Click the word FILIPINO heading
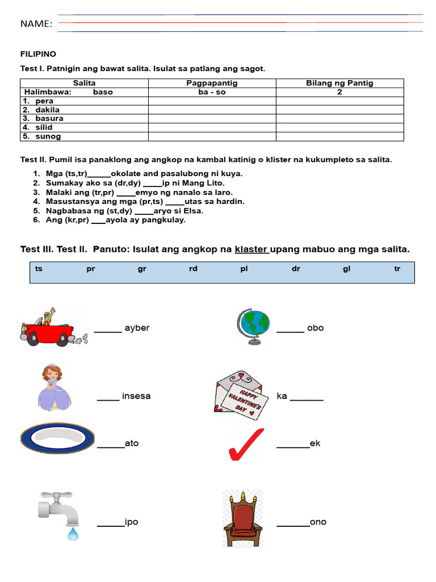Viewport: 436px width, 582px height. pyautogui.click(x=38, y=54)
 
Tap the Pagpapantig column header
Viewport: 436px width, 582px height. pyautogui.click(x=212, y=83)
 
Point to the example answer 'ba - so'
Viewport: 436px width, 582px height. pyautogui.click(x=212, y=92)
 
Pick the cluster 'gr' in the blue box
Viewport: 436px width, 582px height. pyautogui.click(x=142, y=269)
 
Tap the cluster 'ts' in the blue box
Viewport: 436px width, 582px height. pyautogui.click(x=39, y=269)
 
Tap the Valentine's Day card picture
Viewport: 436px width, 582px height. pyautogui.click(x=238, y=396)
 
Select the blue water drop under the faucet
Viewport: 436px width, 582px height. pyautogui.click(x=73, y=534)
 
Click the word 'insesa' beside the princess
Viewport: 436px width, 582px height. pyautogui.click(x=136, y=396)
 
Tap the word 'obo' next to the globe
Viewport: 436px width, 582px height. pyautogui.click(x=315, y=328)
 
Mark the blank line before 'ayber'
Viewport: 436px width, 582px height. pyautogui.click(x=108, y=331)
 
